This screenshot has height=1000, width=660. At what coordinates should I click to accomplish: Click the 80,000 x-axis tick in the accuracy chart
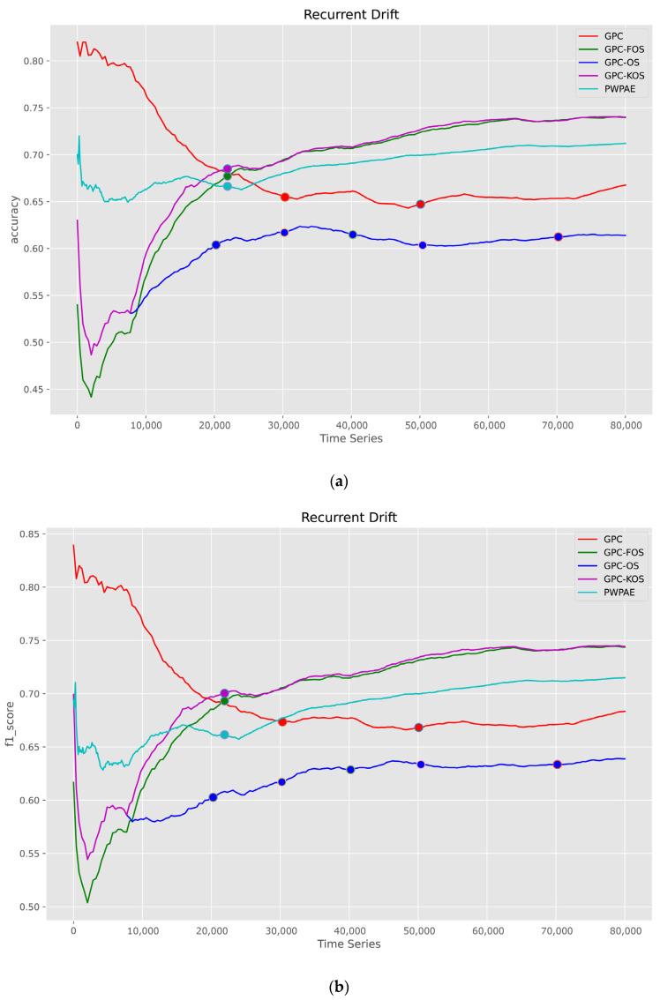625,425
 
